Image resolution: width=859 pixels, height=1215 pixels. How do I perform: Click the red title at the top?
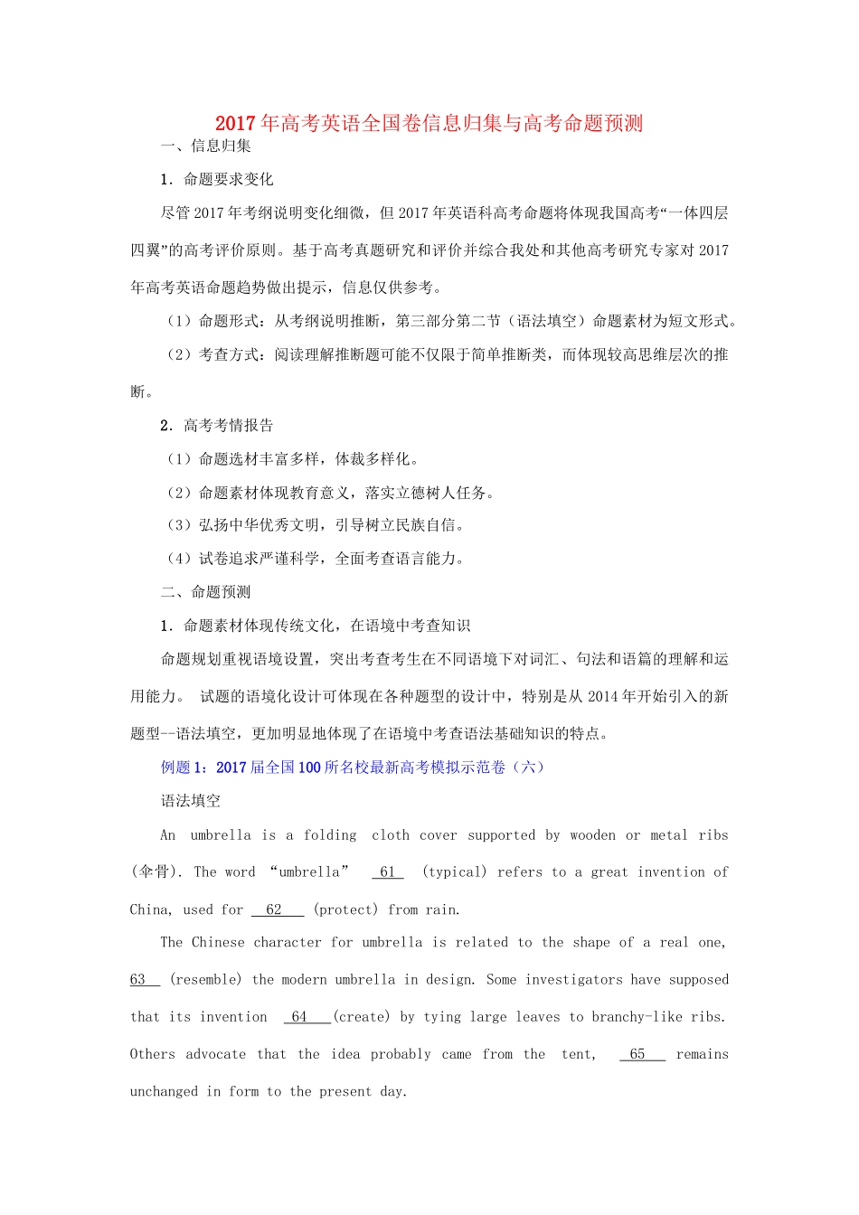[429, 123]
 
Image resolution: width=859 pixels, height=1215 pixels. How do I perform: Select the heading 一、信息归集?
[206, 146]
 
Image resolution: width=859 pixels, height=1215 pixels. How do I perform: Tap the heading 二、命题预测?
[206, 592]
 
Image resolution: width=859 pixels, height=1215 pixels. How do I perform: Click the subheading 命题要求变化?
[228, 179]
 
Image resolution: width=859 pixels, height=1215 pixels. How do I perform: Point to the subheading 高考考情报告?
[228, 426]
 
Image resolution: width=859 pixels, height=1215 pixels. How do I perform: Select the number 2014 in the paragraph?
[603, 696]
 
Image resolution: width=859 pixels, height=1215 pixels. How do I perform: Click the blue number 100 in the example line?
[309, 768]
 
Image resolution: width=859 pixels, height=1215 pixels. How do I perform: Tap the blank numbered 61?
[388, 872]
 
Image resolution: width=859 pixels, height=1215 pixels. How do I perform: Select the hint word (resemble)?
[206, 980]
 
